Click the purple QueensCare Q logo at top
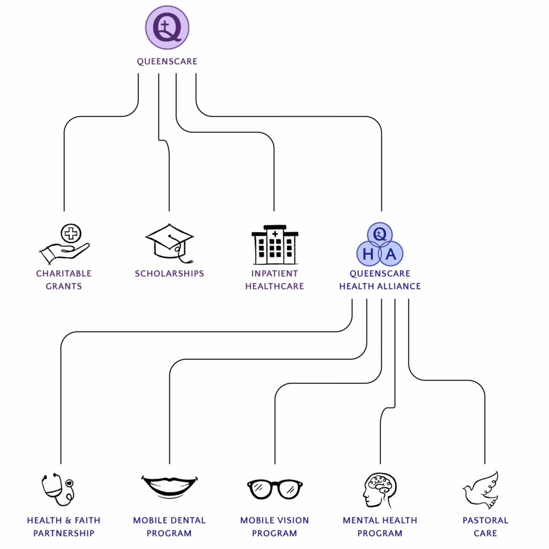(167, 27)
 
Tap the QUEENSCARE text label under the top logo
(167, 62)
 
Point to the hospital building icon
(274, 244)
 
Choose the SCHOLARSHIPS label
(169, 273)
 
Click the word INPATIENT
(274, 273)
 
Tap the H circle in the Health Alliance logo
(368, 254)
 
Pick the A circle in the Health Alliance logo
(391, 254)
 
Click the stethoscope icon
(58, 488)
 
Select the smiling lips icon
(169, 486)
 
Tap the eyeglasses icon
(274, 488)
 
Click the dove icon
(481, 488)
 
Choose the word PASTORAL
(485, 521)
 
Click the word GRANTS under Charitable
(64, 286)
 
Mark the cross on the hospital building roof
(275, 234)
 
